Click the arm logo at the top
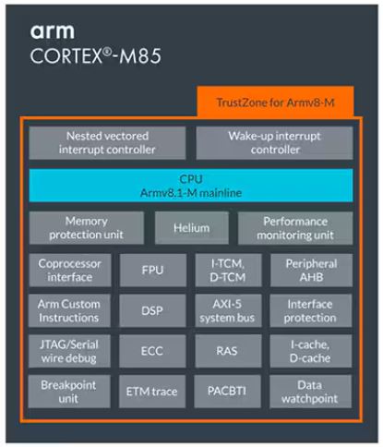53,31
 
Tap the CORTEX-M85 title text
96,56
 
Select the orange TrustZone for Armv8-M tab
275,102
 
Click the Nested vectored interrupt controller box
107,143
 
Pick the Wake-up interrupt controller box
274,143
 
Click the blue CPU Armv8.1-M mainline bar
191,186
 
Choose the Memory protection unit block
87,228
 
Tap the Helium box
192,228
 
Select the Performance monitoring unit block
295,228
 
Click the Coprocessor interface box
70,271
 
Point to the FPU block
152,271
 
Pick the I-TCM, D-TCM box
228,271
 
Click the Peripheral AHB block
311,271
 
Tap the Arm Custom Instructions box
69,310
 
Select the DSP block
152,310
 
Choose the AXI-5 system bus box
228,310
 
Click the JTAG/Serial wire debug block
69,351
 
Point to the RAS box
228,351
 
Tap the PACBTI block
227,392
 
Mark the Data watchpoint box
310,392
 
